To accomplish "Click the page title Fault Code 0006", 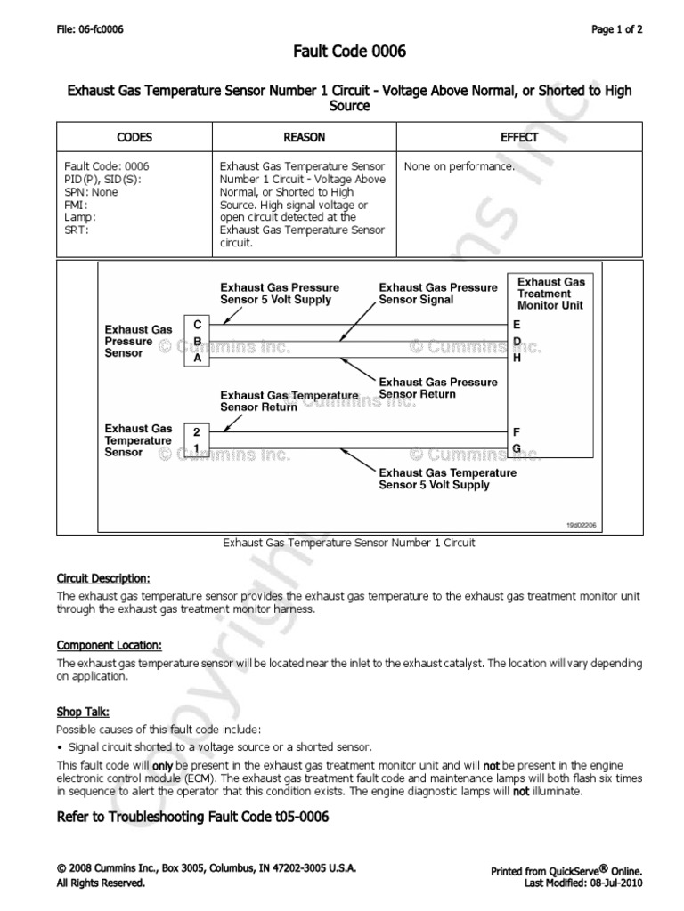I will (x=349, y=52).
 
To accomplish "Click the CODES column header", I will (x=134, y=137).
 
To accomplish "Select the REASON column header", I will (x=304, y=137).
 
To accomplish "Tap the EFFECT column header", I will (x=519, y=137).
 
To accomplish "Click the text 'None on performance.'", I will (x=459, y=166).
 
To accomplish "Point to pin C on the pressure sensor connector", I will (x=197, y=326).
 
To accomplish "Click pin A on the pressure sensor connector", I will (x=197, y=359).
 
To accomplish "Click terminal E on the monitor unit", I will (x=517, y=326).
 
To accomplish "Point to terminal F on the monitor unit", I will (x=517, y=431).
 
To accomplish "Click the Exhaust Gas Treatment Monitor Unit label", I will (x=551, y=293).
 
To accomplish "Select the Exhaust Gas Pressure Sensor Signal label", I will (x=438, y=294).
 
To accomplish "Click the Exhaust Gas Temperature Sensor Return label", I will (x=289, y=400).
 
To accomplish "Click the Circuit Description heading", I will (x=103, y=577).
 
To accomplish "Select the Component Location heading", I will (x=110, y=645).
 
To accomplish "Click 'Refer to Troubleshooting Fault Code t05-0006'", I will (x=192, y=817).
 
